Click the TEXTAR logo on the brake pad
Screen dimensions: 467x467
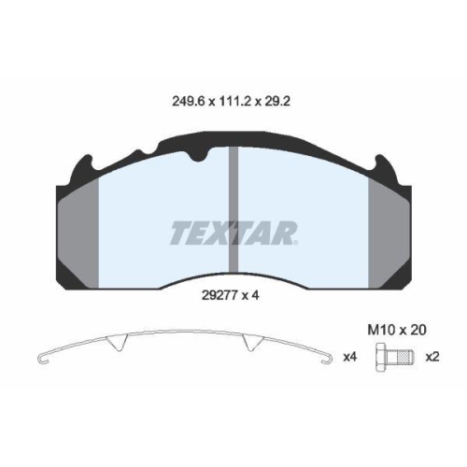tap(233, 232)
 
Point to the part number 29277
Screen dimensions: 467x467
tap(219, 297)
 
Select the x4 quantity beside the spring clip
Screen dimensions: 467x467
tap(349, 357)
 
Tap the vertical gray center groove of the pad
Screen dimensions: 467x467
tap(234, 187)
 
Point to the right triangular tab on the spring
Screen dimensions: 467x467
tap(249, 344)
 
